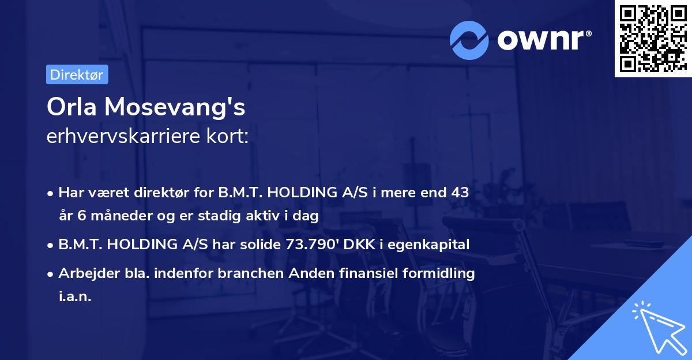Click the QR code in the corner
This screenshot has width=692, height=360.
click(x=653, y=38)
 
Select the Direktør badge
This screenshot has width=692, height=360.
click(x=77, y=74)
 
